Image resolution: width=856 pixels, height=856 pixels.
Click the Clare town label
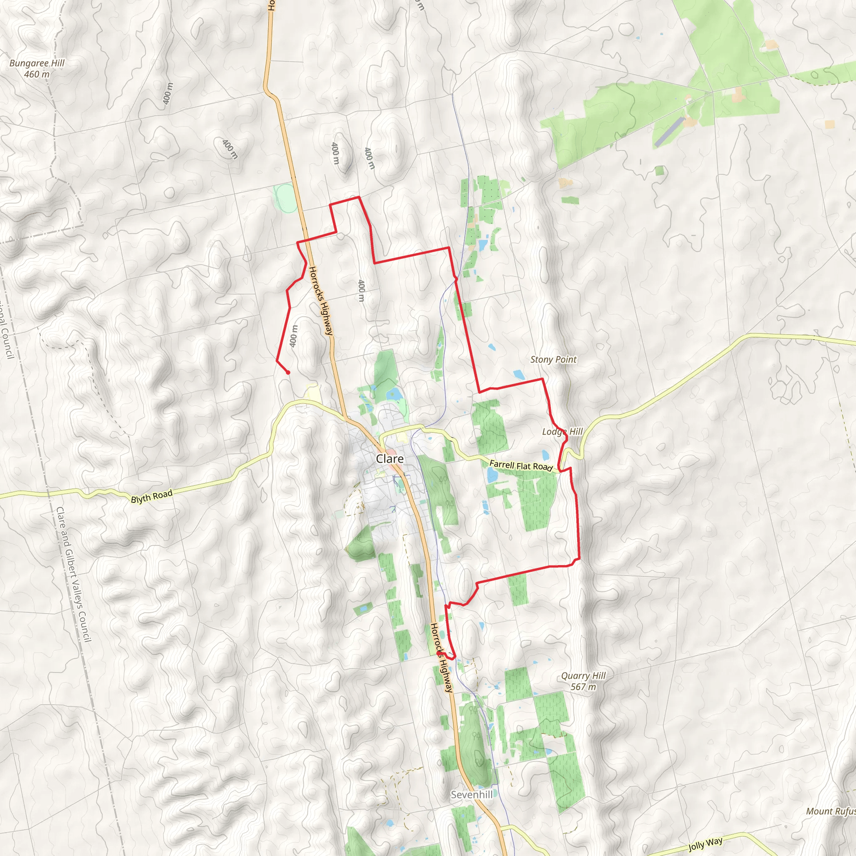point(390,459)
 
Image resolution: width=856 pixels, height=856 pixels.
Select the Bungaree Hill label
point(37,64)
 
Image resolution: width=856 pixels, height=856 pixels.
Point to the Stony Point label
point(553,360)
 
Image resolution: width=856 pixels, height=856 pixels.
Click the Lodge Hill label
point(562,431)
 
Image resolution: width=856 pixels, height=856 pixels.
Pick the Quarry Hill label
point(583,676)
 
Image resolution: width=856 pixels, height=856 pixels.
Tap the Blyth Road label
point(152,497)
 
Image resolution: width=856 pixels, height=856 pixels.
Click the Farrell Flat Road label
point(521,466)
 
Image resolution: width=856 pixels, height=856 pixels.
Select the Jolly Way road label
point(706,843)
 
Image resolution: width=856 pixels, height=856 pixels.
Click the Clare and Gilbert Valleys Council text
point(74,575)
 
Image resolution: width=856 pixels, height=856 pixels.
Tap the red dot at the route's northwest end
point(288,372)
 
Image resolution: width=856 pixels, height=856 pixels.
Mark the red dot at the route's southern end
point(438,654)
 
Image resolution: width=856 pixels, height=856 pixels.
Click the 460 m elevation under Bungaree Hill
point(37,74)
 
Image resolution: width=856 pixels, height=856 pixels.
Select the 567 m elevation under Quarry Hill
point(583,687)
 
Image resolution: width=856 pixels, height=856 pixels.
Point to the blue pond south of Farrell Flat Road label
point(492,475)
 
